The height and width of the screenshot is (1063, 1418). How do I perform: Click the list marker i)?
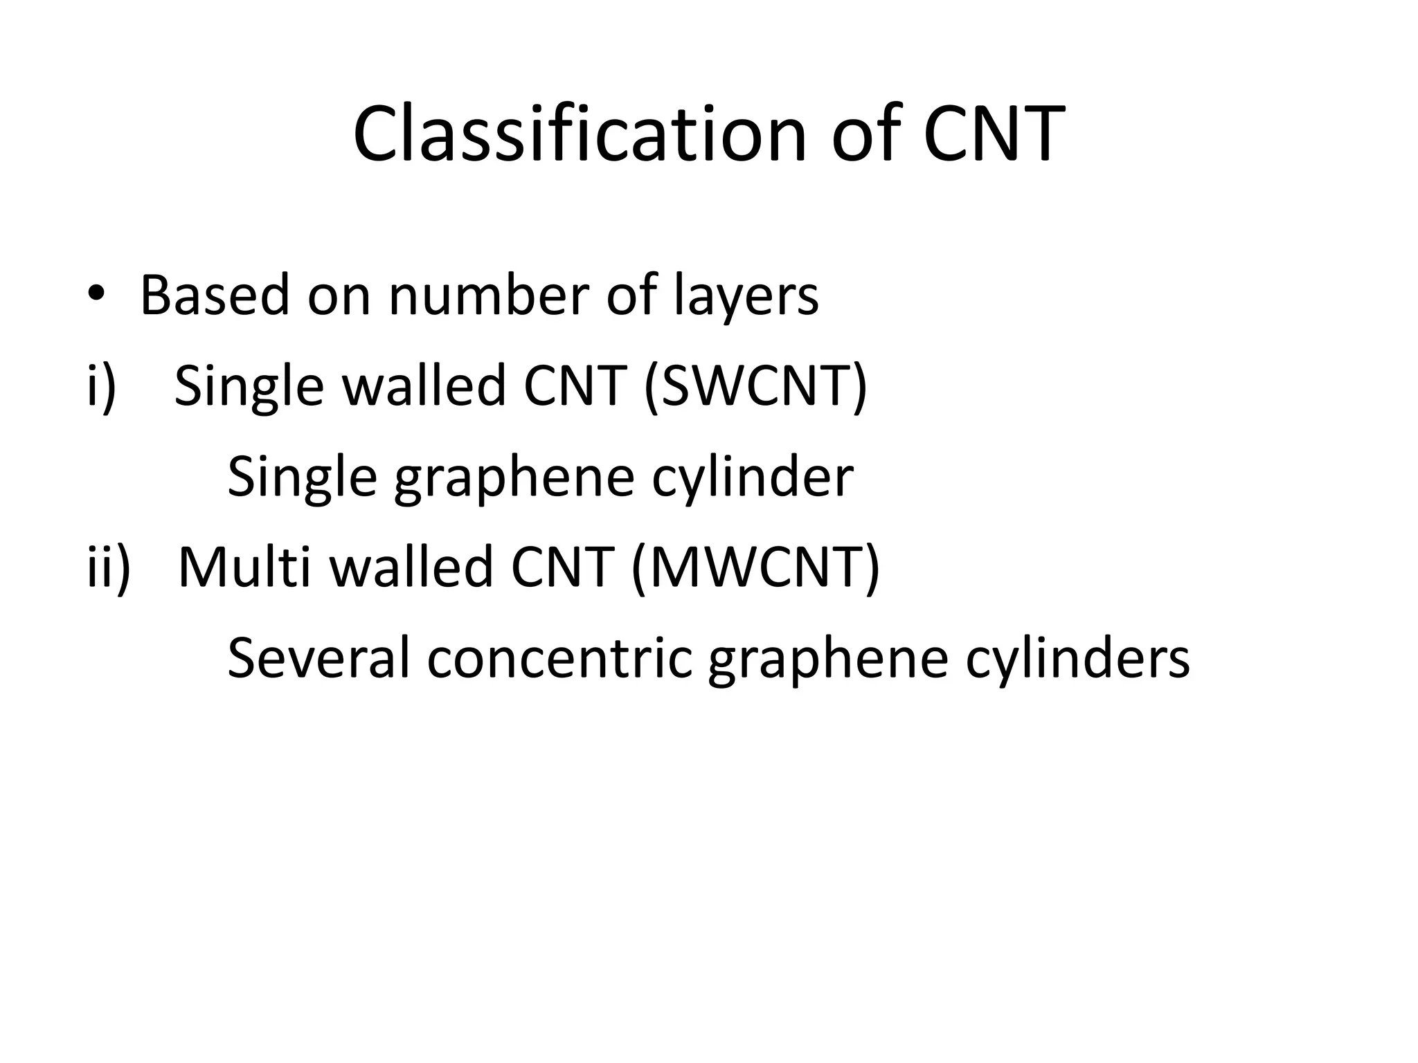coord(101,386)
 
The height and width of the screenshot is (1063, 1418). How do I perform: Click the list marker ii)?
coord(108,567)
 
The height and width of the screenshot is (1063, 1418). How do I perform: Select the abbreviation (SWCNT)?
coord(755,386)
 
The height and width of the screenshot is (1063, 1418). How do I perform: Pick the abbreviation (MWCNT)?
coord(755,567)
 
